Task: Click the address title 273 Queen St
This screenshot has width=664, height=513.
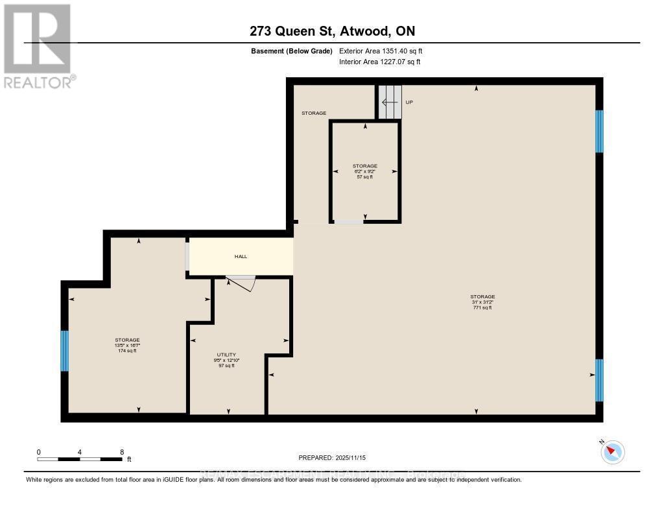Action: point(331,31)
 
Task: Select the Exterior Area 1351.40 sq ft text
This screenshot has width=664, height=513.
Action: point(381,51)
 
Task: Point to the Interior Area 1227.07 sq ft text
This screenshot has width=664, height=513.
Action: point(379,62)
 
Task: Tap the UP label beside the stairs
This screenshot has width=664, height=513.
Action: point(409,102)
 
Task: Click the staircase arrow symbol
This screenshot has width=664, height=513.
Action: point(389,102)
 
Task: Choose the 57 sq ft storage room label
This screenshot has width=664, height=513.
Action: point(364,171)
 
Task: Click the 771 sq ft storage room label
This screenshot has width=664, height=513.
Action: point(483,302)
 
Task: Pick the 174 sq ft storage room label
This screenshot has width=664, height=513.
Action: point(127,345)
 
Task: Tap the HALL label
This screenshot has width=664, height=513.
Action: point(241,256)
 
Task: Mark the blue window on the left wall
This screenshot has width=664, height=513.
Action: point(64,351)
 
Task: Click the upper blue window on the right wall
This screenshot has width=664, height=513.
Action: point(599,131)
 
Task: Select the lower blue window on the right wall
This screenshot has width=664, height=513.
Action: point(599,380)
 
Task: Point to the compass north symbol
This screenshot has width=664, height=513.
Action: point(612,451)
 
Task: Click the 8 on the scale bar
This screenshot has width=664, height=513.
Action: point(121,451)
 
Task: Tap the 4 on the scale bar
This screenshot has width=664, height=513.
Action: point(79,451)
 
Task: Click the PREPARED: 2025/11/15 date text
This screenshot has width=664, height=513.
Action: point(332,457)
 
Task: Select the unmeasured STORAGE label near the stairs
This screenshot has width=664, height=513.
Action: point(313,113)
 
